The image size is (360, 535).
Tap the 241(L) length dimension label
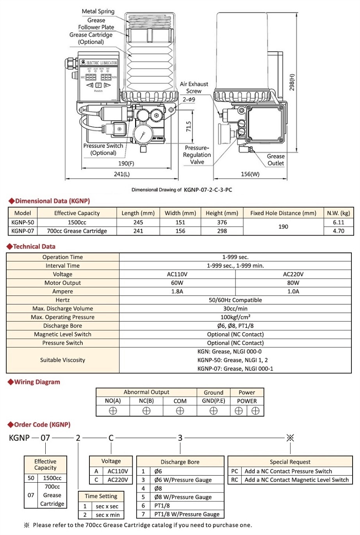tap(122, 174)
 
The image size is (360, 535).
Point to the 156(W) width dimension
tap(250, 174)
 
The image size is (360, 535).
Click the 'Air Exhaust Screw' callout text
tap(194, 88)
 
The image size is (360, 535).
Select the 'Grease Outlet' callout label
tap(276, 160)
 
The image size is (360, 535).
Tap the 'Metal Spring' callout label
tap(98, 11)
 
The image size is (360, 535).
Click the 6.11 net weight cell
tap(339, 222)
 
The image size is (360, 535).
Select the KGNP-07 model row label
tap(23, 231)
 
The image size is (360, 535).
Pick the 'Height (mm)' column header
tap(222, 213)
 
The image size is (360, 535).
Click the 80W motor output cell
tap(293, 283)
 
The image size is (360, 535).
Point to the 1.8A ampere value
tap(177, 292)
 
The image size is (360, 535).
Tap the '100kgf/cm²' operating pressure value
tap(235, 317)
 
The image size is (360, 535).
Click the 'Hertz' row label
tap(62, 300)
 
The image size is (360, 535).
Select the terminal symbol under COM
tap(180, 411)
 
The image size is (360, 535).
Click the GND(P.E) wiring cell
tap(214, 401)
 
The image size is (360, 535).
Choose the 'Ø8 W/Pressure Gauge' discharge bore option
tap(183, 497)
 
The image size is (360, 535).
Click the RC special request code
tap(235, 480)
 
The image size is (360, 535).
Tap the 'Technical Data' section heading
tap(34, 247)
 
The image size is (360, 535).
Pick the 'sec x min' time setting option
tap(108, 515)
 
